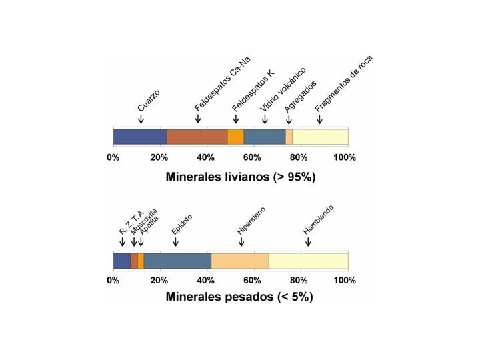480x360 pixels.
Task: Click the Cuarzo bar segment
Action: pyautogui.click(x=139, y=137)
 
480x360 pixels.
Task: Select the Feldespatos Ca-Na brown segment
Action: pyautogui.click(x=197, y=137)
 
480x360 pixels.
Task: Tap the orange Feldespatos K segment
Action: pyautogui.click(x=235, y=137)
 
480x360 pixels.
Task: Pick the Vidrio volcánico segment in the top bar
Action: pyautogui.click(x=265, y=137)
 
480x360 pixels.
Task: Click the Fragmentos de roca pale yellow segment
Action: pyautogui.click(x=320, y=137)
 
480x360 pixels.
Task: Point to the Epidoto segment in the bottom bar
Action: pyautogui.click(x=177, y=261)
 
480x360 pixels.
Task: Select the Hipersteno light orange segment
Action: pyautogui.click(x=240, y=261)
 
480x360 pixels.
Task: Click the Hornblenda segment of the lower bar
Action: pyautogui.click(x=308, y=261)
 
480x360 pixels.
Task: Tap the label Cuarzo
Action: pyautogui.click(x=149, y=99)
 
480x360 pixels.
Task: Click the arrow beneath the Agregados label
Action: pyautogui.click(x=289, y=119)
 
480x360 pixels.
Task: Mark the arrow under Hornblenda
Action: pyautogui.click(x=307, y=242)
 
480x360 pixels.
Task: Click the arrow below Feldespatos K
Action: pyautogui.click(x=236, y=119)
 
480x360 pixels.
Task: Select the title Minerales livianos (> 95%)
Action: pyautogui.click(x=240, y=177)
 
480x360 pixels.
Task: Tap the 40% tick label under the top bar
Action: pyautogui.click(x=206, y=158)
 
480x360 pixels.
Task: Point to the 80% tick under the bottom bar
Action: pyautogui.click(x=299, y=280)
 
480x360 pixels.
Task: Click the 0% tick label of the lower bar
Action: pyautogui.click(x=113, y=280)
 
